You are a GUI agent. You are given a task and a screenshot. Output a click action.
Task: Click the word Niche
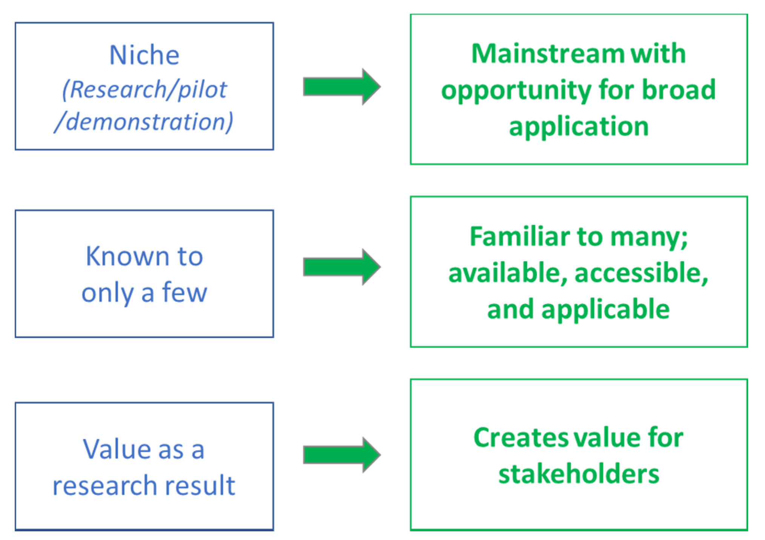144,55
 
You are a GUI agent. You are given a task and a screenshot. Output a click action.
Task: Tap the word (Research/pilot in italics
144,90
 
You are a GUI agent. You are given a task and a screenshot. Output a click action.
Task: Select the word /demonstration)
144,122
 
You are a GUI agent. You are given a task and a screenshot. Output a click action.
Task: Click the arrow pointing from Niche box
341,87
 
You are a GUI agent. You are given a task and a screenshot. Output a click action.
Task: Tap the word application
579,126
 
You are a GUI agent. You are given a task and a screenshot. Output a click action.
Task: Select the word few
184,292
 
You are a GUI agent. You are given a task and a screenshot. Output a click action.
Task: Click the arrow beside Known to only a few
341,267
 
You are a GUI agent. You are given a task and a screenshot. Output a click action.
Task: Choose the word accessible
641,273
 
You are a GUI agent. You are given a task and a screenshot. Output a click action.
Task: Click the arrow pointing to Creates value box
341,455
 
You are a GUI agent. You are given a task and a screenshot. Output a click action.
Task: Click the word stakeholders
579,474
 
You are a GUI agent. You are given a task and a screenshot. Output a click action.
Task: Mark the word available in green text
507,273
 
